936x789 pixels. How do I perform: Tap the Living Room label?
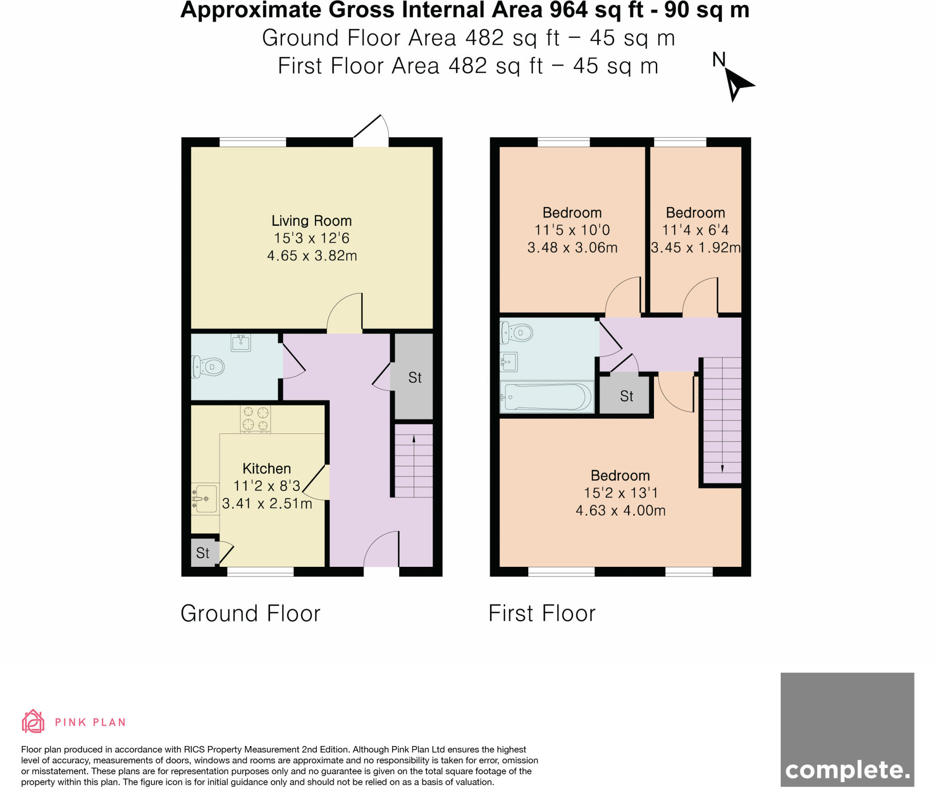[311, 221]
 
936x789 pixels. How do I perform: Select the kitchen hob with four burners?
[255, 419]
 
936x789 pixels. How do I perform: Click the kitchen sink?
[204, 499]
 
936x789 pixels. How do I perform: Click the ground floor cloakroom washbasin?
[241, 342]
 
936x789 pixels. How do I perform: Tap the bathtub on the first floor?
[547, 397]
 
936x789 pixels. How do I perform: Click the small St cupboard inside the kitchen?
[203, 553]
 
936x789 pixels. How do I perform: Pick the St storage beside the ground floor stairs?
[414, 377]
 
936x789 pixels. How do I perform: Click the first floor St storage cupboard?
[626, 395]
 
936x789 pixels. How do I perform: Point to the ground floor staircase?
[414, 461]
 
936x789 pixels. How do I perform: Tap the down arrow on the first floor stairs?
[722, 468]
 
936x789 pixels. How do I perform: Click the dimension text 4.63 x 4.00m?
[620, 510]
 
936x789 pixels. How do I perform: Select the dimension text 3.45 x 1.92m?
[695, 248]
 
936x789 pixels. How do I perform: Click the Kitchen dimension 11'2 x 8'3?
[266, 486]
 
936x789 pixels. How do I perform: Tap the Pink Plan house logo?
[33, 721]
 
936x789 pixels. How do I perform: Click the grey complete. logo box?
[847, 730]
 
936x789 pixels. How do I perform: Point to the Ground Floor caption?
[250, 613]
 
